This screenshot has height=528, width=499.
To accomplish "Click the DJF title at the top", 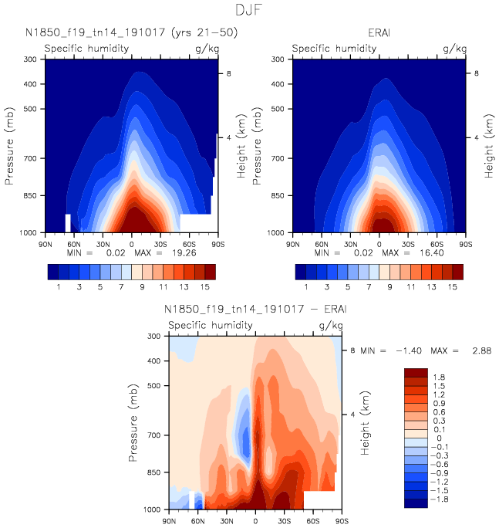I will click(249, 11).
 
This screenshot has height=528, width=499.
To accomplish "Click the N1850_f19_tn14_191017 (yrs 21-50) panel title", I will click(130, 32).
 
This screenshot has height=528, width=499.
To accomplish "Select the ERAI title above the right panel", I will click(379, 32).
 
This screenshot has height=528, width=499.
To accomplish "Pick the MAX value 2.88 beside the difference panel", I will click(474, 350).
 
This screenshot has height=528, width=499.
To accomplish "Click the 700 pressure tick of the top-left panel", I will click(31, 158).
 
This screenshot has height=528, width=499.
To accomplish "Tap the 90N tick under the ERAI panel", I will click(293, 242).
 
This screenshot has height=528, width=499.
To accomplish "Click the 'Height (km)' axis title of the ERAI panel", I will click(487, 145).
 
